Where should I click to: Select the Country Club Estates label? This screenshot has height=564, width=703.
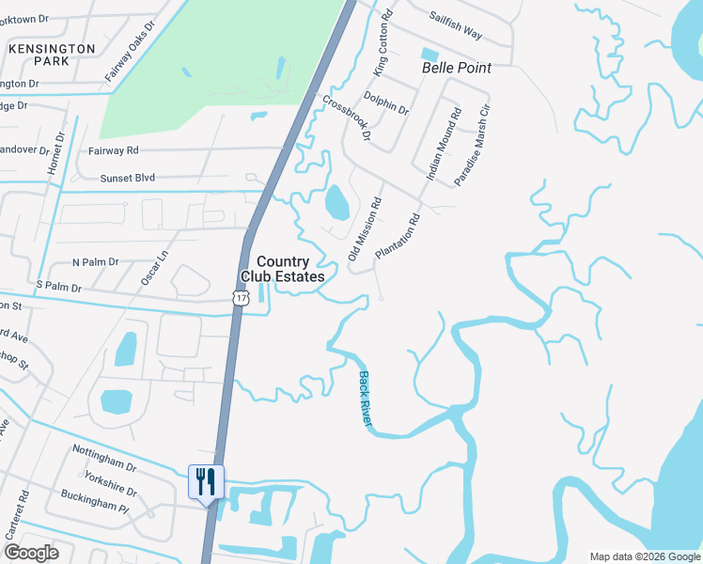(x=283, y=269)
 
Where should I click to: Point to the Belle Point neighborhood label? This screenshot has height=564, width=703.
(x=457, y=69)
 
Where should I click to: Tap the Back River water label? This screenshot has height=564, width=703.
(x=366, y=400)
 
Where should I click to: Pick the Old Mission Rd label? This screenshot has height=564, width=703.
(x=366, y=227)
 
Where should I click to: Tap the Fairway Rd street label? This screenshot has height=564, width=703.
(x=114, y=149)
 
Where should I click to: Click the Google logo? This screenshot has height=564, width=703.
(x=31, y=553)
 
